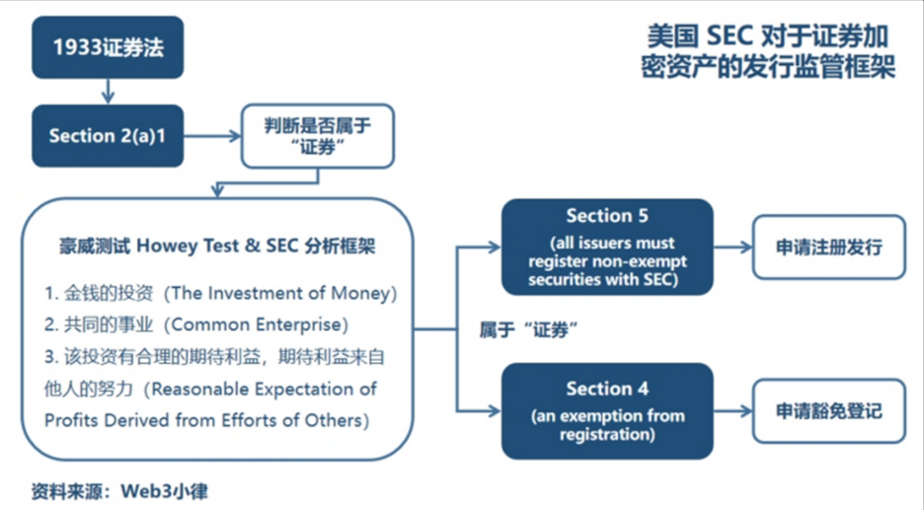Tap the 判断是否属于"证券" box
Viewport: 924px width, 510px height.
point(317,135)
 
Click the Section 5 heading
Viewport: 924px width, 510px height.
point(606,216)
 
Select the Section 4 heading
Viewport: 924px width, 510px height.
point(606,389)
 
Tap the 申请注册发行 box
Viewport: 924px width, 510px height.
point(828,247)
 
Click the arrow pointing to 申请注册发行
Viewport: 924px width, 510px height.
point(733,247)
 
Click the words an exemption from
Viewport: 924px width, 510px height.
point(606,414)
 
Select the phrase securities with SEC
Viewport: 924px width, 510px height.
point(606,279)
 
